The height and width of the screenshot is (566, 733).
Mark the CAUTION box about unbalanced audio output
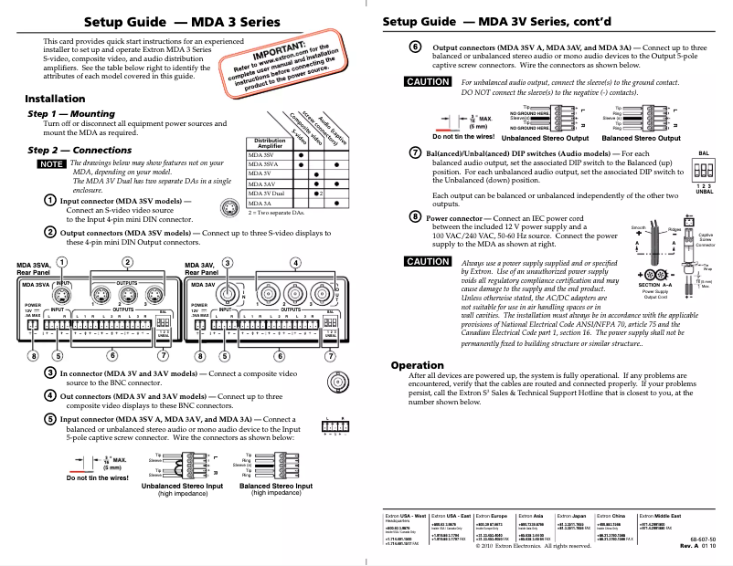point(428,82)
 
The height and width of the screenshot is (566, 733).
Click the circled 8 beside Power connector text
point(415,220)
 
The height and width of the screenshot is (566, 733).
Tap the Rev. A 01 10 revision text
point(706,548)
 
